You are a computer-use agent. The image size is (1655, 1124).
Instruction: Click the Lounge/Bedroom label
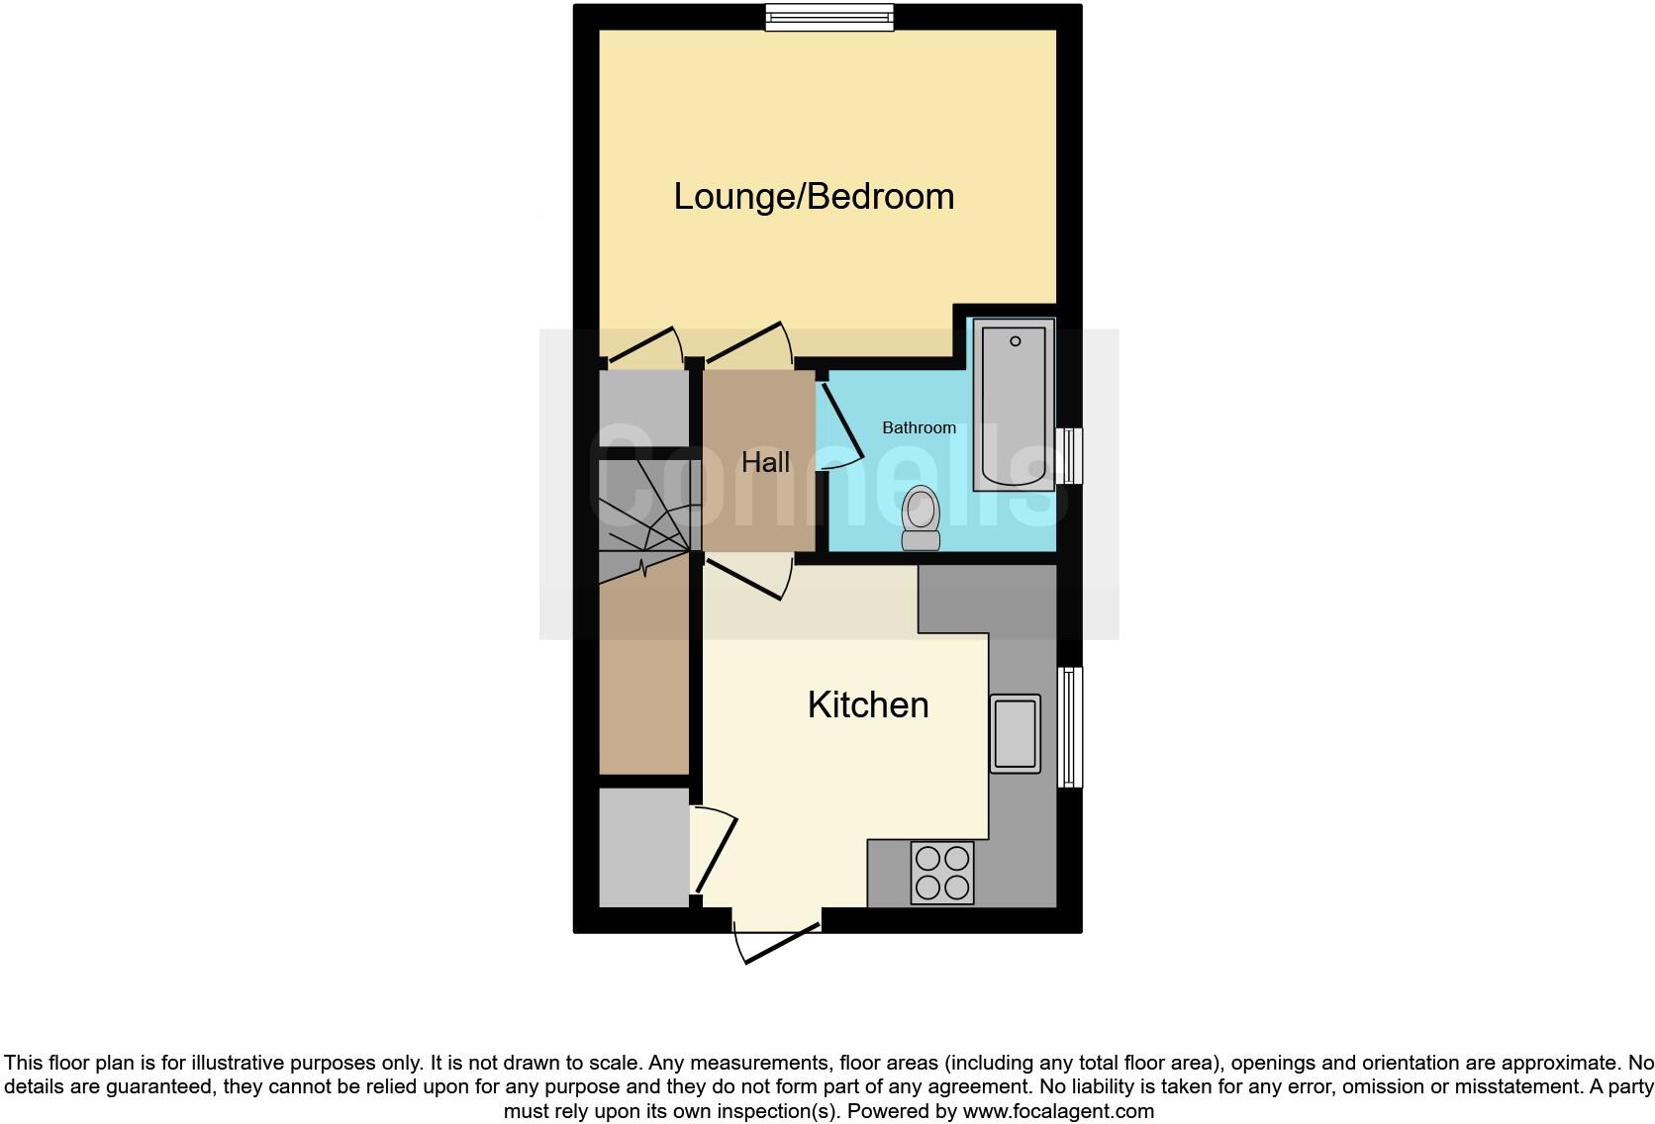tap(814, 196)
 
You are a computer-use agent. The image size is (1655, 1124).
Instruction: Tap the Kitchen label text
tap(868, 704)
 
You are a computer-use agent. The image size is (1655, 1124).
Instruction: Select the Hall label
tap(765, 462)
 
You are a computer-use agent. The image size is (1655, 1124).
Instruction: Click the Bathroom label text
tap(919, 427)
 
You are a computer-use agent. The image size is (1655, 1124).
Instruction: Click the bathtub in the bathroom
tap(1013, 405)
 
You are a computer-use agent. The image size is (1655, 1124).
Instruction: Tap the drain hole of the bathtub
tap(1015, 341)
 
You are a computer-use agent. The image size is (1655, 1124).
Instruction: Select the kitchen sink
tap(1015, 733)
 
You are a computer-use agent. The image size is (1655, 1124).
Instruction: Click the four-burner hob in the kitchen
tap(942, 873)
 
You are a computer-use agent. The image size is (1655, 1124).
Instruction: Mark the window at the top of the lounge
tap(829, 17)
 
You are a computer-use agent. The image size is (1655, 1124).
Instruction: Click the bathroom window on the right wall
tap(1070, 455)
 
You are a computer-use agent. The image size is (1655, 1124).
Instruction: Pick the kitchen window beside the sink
tap(1070, 726)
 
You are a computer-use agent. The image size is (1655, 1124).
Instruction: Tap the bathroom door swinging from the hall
tap(841, 425)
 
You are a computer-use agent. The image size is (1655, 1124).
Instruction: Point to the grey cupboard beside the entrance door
tap(643, 847)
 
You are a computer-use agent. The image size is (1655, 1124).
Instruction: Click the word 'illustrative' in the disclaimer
tap(328, 1063)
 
